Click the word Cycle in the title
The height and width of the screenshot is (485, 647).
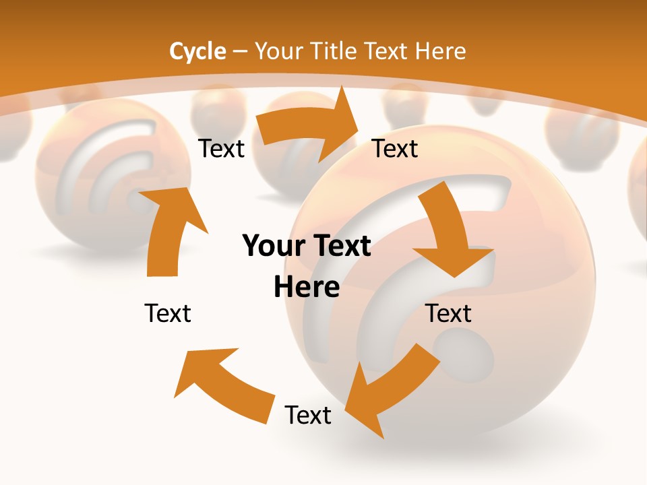[197, 51]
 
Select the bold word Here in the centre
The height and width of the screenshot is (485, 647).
[307, 288]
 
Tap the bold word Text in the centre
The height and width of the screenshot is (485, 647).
[341, 247]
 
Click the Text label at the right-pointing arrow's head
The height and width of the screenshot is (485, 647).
[395, 148]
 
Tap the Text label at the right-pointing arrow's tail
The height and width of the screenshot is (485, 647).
[222, 148]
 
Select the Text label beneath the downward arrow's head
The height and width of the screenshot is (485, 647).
[449, 313]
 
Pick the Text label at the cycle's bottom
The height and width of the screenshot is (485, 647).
[308, 415]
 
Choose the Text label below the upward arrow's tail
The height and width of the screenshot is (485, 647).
[168, 313]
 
